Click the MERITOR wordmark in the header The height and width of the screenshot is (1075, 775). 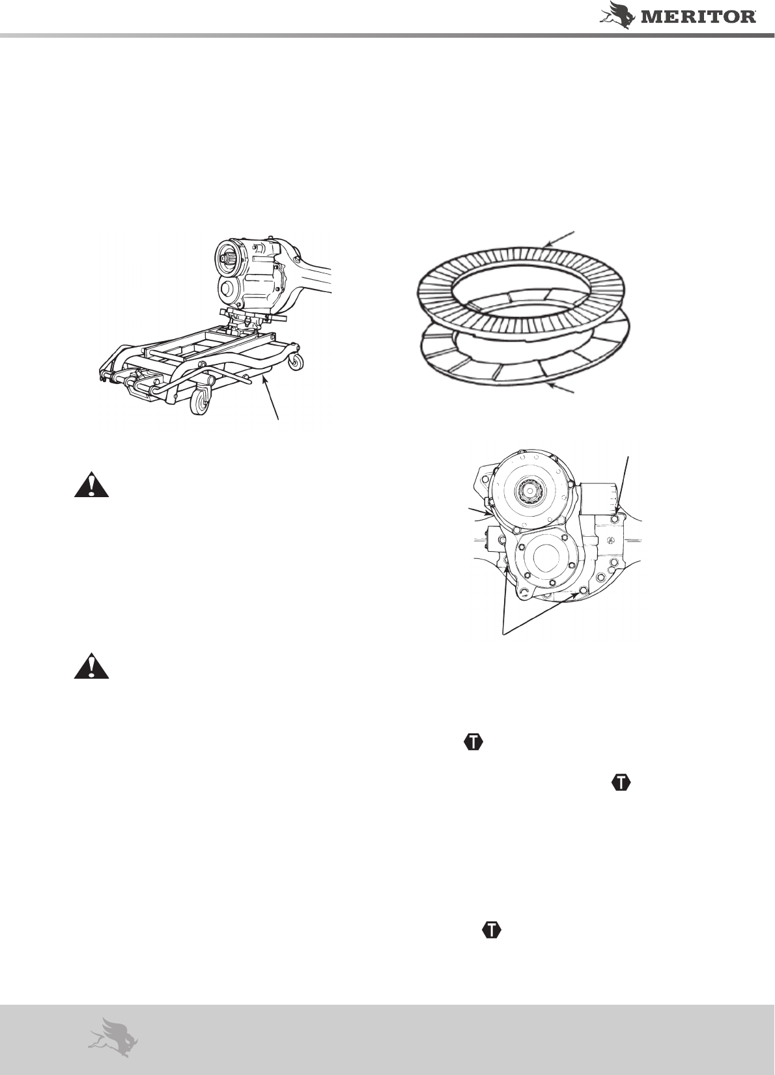pyautogui.click(x=699, y=17)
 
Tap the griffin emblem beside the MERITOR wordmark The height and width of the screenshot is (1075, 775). pyautogui.click(x=619, y=15)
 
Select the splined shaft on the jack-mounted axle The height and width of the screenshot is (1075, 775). pyautogui.click(x=227, y=258)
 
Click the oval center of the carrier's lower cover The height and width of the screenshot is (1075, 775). pyautogui.click(x=546, y=557)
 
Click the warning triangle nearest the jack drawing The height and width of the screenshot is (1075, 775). pyautogui.click(x=91, y=485)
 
